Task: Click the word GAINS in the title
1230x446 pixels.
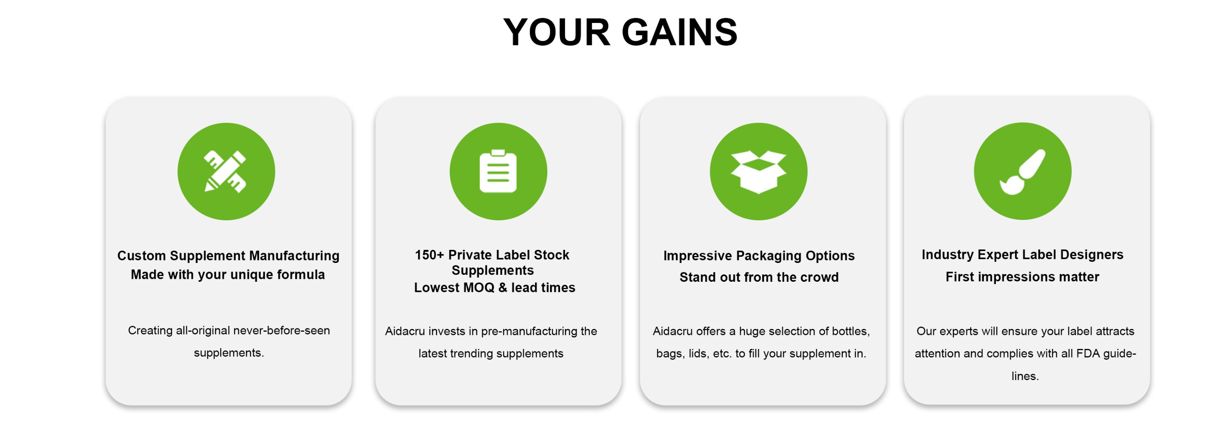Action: tap(679, 32)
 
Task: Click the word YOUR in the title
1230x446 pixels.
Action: tap(557, 32)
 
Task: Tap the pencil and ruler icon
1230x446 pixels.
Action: tap(225, 172)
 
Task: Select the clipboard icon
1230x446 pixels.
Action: tap(498, 171)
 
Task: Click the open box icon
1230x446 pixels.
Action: tap(758, 172)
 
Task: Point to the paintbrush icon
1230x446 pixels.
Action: tap(1022, 172)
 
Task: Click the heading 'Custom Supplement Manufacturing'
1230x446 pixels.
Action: tap(228, 256)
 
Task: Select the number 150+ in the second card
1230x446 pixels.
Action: tap(429, 255)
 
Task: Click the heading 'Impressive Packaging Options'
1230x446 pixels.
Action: tap(759, 256)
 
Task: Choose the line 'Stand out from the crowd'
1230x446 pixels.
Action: tap(759, 277)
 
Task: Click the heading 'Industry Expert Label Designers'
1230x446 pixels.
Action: tap(1022, 255)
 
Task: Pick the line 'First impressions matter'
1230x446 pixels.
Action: tap(1022, 277)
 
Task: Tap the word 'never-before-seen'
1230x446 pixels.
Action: tap(281, 331)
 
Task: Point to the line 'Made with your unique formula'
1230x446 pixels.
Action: tap(228, 275)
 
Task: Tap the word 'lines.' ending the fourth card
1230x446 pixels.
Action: tap(1025, 376)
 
